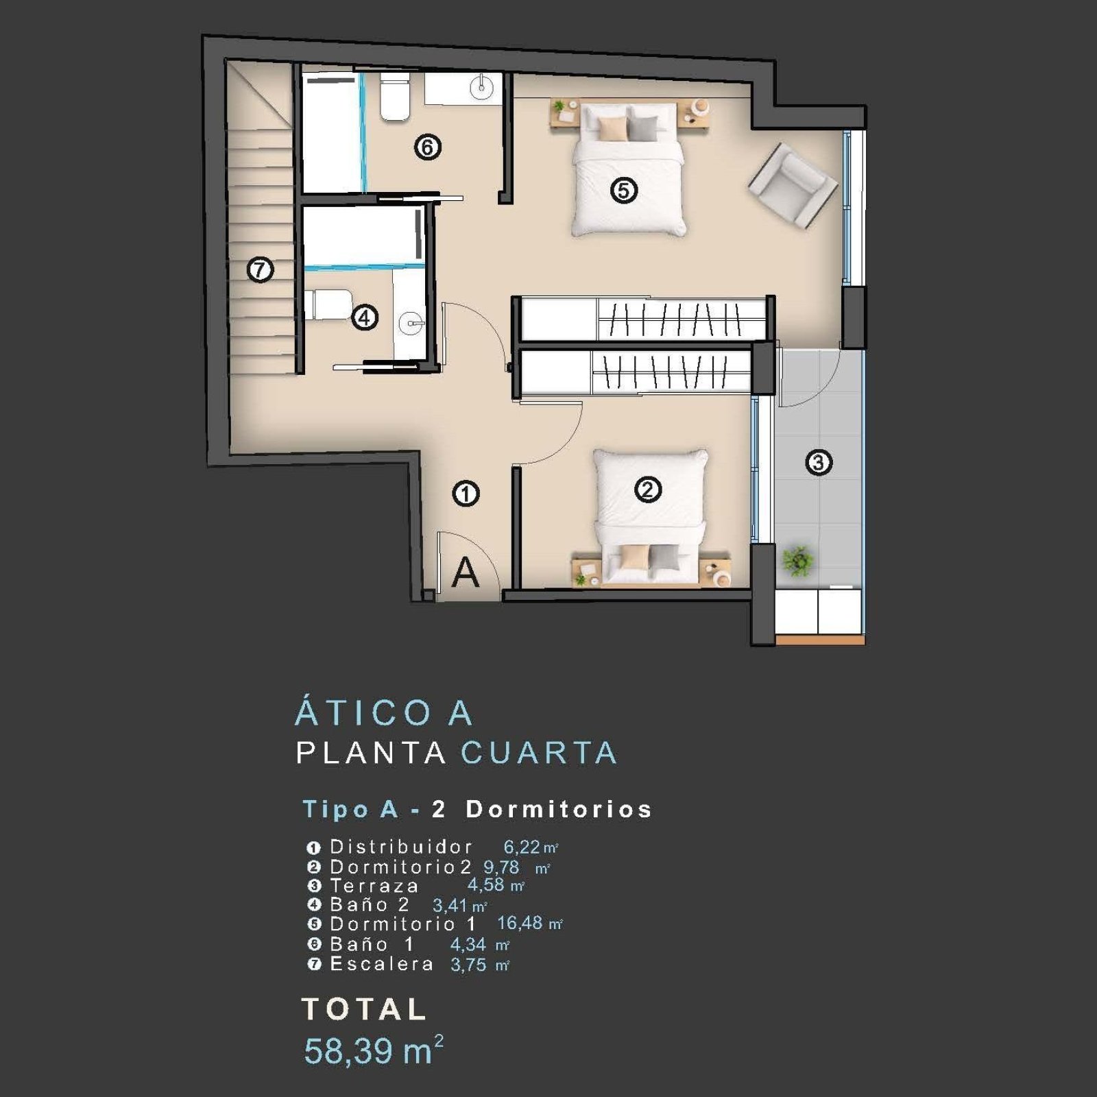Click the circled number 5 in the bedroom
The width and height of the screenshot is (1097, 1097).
coord(624,190)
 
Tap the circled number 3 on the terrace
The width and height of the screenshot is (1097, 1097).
coord(819,462)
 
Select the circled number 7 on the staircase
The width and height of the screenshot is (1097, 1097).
coord(260,269)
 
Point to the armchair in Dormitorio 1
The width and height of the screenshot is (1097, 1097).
coord(793,186)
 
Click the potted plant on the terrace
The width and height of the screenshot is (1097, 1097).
coord(797,560)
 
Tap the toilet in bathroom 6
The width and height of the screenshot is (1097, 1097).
coord(395,98)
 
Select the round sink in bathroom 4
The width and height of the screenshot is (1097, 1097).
coord(411,321)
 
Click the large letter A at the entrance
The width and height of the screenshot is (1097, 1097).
coord(466,572)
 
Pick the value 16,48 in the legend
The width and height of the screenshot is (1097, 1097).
coord(520,923)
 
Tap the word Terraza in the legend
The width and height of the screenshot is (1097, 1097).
coord(374,886)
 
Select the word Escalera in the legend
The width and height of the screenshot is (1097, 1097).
coord(382,964)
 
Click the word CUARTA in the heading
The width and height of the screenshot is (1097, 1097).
coord(539,753)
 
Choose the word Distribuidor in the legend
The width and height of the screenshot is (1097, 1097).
coord(401,847)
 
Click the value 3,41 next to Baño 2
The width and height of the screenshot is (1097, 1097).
coord(450,906)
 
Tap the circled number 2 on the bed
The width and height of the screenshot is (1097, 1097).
coord(648,490)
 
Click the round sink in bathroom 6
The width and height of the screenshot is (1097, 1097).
coord(482,86)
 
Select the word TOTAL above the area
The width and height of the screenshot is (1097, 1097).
coord(364,1009)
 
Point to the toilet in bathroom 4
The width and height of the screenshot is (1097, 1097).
coord(328,304)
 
